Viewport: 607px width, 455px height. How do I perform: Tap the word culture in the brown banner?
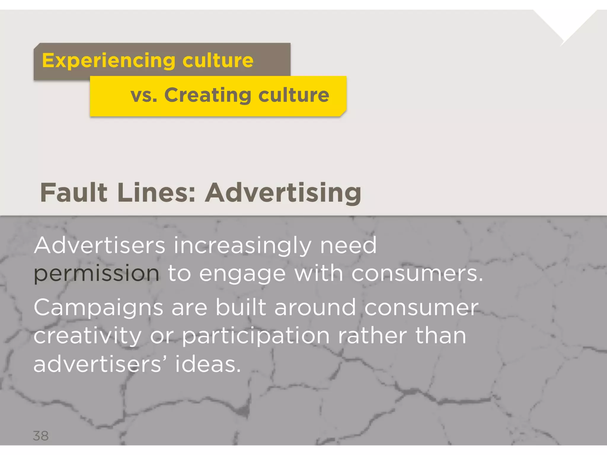click(x=218, y=60)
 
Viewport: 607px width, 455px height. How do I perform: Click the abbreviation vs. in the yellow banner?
click(x=144, y=95)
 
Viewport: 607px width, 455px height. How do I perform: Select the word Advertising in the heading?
click(x=283, y=193)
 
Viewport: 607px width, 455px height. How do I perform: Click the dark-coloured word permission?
click(x=96, y=274)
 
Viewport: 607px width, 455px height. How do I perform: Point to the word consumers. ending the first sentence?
click(x=417, y=273)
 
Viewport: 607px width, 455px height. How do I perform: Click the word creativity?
click(x=87, y=337)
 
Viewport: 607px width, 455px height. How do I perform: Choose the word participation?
click(x=255, y=337)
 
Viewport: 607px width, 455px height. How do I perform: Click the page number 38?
click(x=41, y=436)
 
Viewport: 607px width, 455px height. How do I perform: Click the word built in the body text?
click(x=240, y=307)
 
